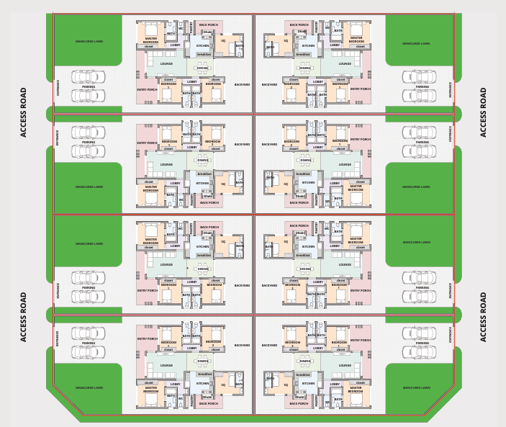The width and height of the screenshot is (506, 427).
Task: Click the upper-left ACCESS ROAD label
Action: click(24, 112)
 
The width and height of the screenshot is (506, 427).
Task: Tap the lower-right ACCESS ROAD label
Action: click(483, 316)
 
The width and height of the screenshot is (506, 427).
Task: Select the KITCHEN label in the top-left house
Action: click(202, 45)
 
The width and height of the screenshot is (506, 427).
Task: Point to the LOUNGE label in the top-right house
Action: click(345, 63)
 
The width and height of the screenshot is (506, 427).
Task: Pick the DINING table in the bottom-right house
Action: click(305, 367)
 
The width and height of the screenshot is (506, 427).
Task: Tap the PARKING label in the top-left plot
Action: click(89, 86)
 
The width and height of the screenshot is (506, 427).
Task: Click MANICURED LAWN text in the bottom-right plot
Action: click(417, 387)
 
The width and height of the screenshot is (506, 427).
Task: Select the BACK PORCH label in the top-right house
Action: click(299, 24)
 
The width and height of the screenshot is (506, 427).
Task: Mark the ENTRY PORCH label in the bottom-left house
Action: click(147, 338)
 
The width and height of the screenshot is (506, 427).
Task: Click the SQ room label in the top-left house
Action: click(223, 40)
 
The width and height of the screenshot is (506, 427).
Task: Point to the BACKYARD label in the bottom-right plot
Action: click(269, 345)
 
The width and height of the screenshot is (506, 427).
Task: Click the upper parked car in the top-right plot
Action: click(418, 76)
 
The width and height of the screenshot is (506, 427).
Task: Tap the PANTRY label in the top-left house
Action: click(191, 27)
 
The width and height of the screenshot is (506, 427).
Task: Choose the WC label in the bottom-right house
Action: click(327, 403)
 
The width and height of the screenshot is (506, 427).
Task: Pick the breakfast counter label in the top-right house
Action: click(303, 54)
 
